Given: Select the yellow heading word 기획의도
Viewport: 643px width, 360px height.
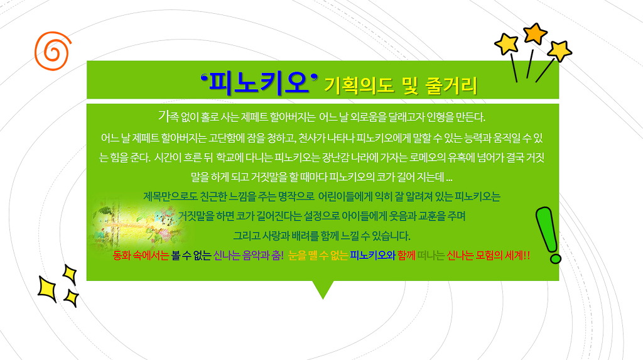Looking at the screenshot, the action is (359, 85).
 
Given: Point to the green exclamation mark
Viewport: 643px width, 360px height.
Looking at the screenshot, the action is (548, 234).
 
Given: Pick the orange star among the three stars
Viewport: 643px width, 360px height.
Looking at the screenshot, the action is (535, 33).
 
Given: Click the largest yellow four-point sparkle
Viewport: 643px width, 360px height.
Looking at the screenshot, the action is (46, 289).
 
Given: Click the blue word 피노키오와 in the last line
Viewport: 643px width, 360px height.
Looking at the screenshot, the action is (372, 256).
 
